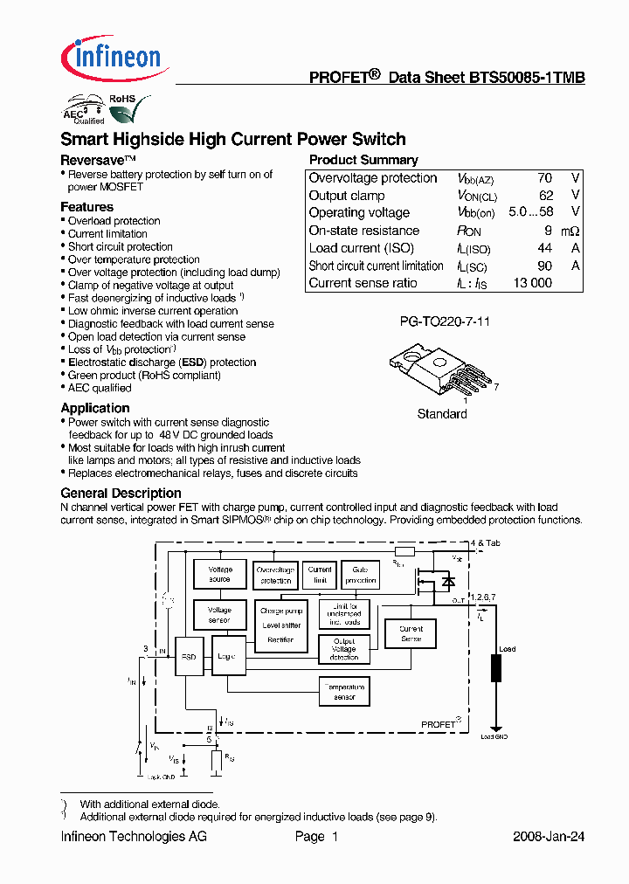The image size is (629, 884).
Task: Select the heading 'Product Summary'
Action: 363,160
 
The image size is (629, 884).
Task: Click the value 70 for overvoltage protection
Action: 544,178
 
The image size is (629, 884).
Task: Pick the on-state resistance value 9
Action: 548,231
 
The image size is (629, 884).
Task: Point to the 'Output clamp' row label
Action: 347,196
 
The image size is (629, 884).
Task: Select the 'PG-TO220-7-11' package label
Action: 445,321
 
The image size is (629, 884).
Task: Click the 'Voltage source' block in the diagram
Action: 219,574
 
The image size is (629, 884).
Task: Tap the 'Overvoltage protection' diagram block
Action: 275,575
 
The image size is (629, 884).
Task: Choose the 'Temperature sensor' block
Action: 344,692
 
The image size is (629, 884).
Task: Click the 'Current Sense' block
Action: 411,634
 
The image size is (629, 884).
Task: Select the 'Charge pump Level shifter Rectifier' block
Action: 281,625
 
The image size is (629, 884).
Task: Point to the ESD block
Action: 189,657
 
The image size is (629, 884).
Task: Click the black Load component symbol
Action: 496,668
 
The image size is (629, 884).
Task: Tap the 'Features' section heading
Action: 86,207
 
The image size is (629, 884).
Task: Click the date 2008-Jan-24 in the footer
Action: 548,836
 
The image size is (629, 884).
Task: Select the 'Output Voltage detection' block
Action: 343,649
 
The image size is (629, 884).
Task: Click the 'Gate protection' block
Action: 360,575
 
